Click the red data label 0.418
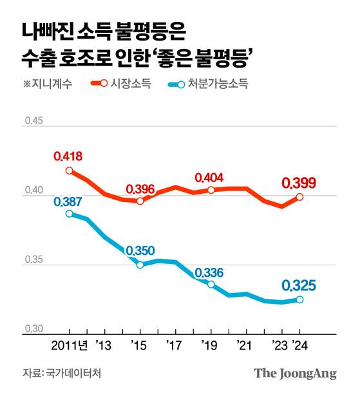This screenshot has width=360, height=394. [x=69, y=156]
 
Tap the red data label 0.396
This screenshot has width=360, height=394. [x=140, y=189]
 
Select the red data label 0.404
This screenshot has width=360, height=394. [x=210, y=178]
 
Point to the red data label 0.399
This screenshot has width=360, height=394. [x=299, y=184]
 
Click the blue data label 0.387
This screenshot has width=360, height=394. [x=69, y=202]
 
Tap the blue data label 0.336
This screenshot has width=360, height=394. [x=209, y=273]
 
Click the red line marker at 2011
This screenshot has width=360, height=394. [x=70, y=171]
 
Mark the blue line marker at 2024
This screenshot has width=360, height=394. [x=299, y=299]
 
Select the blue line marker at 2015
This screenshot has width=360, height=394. [x=140, y=265]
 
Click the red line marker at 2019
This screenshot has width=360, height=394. [x=211, y=190]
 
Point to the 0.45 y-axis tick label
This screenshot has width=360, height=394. [x=32, y=120]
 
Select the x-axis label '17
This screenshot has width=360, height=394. [x=174, y=346]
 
